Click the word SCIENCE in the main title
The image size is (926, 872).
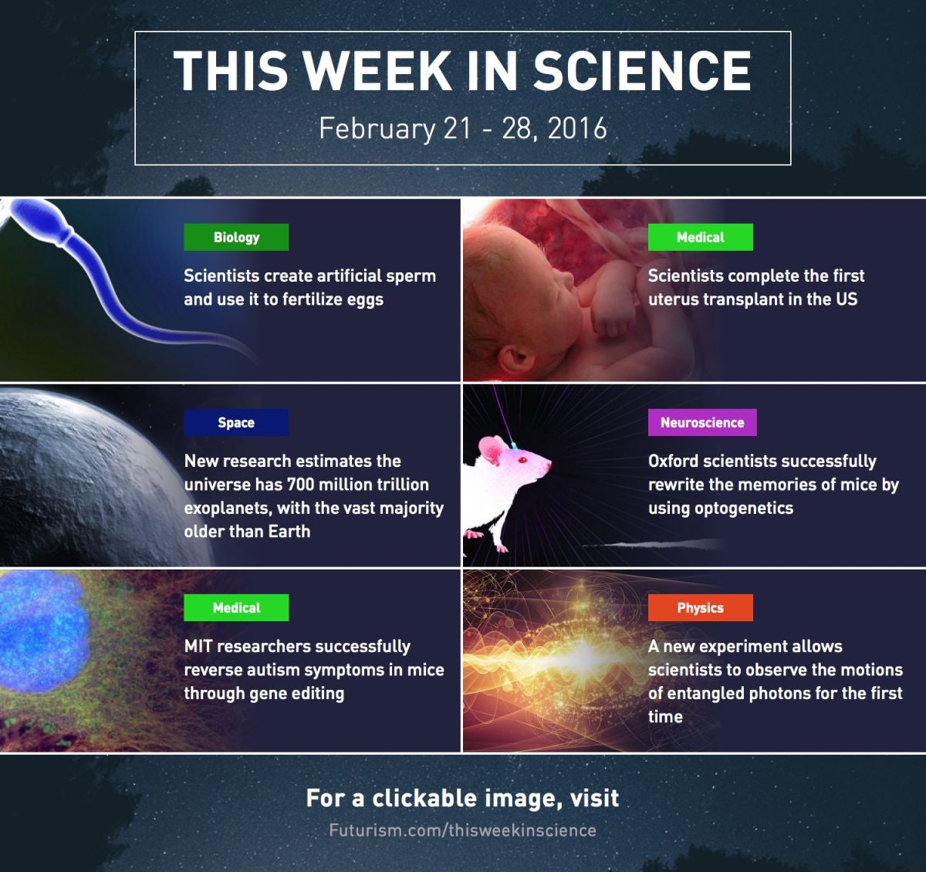[643, 70]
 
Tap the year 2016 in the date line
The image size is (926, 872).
[577, 128]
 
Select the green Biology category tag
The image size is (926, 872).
[236, 237]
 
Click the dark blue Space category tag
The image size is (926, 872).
[236, 422]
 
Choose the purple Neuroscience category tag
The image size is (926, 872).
[702, 422]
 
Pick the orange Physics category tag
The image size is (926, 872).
[701, 607]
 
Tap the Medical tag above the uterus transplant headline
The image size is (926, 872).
[701, 237]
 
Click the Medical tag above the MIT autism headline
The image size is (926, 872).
[236, 607]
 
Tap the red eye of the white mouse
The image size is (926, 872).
[522, 460]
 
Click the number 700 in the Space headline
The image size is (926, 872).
[300, 485]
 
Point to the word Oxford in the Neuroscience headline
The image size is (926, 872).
[673, 461]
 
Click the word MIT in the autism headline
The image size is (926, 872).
[198, 647]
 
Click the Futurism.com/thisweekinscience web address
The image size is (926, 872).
[462, 830]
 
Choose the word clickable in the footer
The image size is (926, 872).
[424, 799]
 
